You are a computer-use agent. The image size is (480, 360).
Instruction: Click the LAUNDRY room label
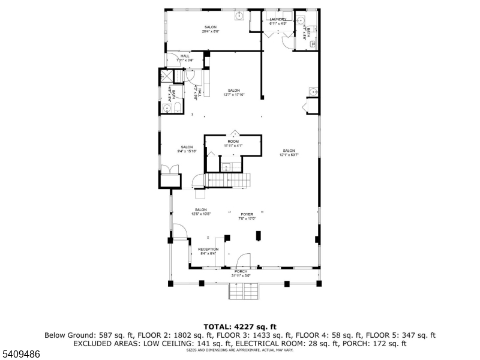point(278,19)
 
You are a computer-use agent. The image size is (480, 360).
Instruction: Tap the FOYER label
point(247,214)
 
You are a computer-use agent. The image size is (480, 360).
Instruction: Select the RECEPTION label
point(209,249)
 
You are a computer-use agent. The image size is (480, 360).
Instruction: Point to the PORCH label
point(241,271)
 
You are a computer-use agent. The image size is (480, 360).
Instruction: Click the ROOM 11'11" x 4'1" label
point(233,141)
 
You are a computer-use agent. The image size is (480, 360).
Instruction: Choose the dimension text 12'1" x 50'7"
point(289,155)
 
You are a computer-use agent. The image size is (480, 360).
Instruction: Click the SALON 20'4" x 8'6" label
point(210,27)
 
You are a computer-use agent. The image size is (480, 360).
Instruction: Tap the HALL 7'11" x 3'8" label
point(185,56)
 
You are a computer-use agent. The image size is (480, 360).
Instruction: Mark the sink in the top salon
point(239,16)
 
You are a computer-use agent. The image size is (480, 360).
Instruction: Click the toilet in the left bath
point(178,107)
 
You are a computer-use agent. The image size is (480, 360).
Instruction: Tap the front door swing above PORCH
point(242,260)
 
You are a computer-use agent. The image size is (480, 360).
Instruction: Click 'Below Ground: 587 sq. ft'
point(83,335)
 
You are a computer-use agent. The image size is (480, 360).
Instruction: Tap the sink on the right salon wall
point(313,91)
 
